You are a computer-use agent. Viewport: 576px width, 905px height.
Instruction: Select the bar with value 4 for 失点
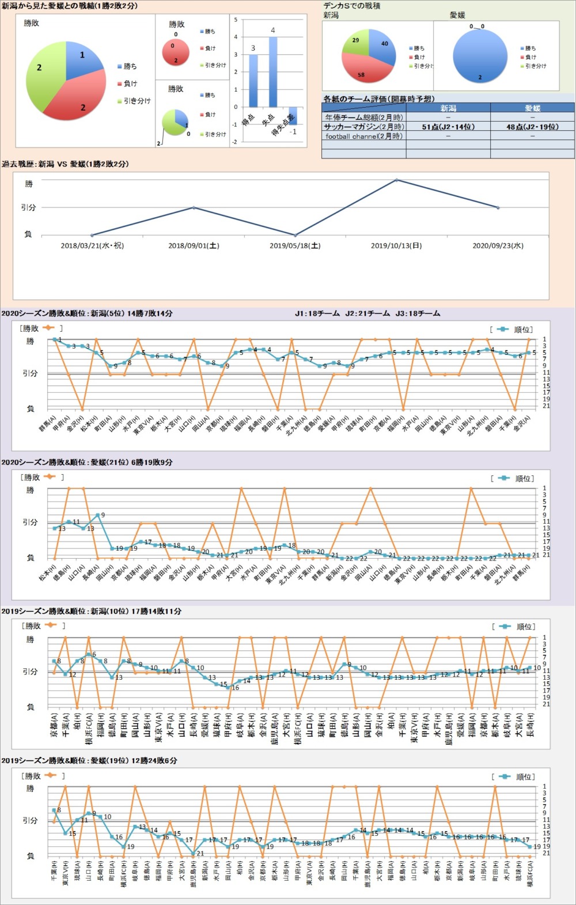[272, 72]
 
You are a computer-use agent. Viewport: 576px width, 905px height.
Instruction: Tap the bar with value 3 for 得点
[253, 81]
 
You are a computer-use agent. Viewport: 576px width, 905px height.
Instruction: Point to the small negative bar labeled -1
[293, 116]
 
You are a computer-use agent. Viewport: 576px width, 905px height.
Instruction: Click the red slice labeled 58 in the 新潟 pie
[360, 70]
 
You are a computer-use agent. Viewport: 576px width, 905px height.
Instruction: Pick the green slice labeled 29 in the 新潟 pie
[356, 43]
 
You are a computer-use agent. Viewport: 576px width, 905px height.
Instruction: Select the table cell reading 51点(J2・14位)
[448, 127]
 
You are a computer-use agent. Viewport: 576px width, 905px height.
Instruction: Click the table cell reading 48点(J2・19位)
[532, 127]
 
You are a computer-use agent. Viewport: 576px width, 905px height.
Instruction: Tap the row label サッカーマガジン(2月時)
[363, 127]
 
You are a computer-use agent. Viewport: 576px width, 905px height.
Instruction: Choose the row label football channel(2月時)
[363, 137]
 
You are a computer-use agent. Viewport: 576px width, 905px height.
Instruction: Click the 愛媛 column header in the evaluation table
[532, 108]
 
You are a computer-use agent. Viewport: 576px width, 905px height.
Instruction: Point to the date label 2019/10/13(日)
[396, 246]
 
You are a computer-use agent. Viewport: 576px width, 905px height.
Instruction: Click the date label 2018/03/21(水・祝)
[92, 246]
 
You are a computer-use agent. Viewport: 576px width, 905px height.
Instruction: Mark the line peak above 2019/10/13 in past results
[396, 180]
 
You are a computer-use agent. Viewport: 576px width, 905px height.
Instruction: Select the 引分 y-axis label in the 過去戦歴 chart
[28, 207]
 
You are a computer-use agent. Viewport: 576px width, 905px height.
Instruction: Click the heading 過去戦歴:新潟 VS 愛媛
[65, 164]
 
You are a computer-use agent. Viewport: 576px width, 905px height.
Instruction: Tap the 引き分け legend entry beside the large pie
[137, 101]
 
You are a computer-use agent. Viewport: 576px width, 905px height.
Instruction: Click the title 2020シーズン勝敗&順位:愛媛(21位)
[86, 463]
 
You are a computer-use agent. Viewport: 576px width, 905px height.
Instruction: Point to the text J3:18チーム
[418, 314]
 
